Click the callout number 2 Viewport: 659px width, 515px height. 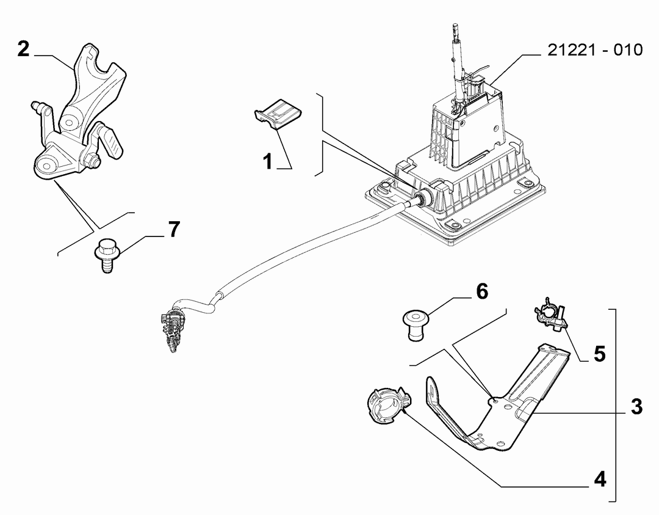(24, 49)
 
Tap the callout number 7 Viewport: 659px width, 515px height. (174, 229)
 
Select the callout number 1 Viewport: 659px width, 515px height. (268, 161)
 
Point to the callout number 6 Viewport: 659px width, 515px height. (481, 291)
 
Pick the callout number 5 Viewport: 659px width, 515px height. (599, 354)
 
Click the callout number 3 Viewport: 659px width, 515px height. (636, 407)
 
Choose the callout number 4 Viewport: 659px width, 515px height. (600, 479)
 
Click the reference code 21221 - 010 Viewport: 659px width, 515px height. (595, 49)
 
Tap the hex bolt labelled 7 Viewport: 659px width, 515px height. (107, 255)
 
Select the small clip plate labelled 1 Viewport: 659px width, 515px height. (278, 113)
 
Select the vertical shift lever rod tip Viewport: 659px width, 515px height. (455, 29)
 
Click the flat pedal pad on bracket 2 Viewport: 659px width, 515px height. (112, 143)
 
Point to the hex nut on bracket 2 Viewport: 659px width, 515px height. (90, 160)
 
